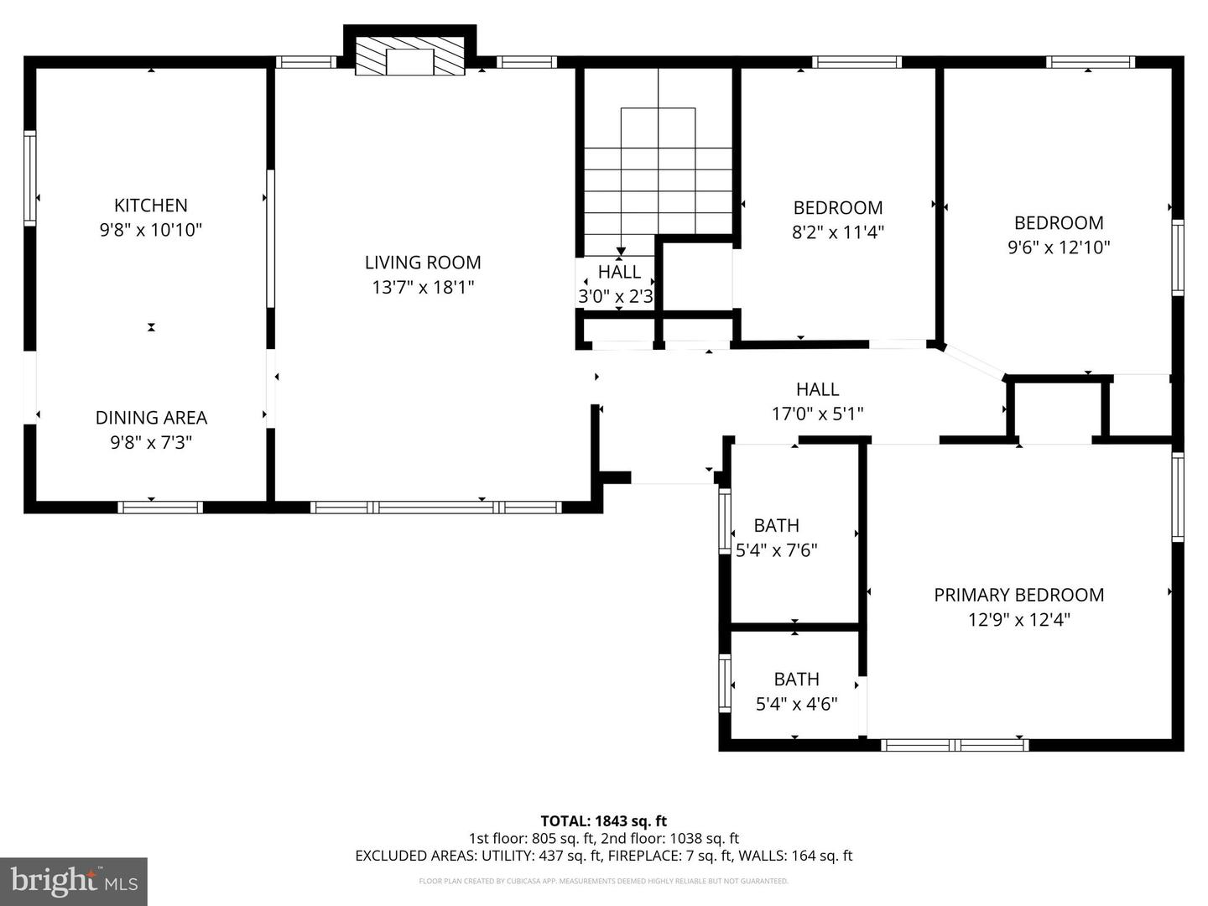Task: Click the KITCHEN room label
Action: pyautogui.click(x=151, y=206)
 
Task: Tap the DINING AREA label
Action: pyautogui.click(x=151, y=418)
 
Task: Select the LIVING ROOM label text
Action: pyautogui.click(x=423, y=263)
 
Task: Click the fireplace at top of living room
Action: pyautogui.click(x=409, y=56)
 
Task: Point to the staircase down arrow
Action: pyautogui.click(x=621, y=250)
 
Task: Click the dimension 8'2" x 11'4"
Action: pyautogui.click(x=837, y=232)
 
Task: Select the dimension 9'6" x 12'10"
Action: pyautogui.click(x=1059, y=247)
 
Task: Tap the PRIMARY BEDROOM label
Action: pyautogui.click(x=1018, y=596)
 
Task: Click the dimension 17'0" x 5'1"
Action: pyautogui.click(x=817, y=414)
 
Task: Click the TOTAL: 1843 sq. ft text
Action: pyautogui.click(x=603, y=821)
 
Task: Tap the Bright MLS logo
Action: pyautogui.click(x=74, y=881)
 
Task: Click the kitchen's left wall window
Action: pyautogui.click(x=30, y=178)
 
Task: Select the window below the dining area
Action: pyautogui.click(x=160, y=507)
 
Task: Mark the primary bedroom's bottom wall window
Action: pyautogui.click(x=955, y=745)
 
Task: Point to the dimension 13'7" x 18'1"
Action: pyautogui.click(x=423, y=288)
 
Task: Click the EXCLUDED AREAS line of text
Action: pyautogui.click(x=603, y=856)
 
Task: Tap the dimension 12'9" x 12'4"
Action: pyautogui.click(x=1018, y=620)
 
